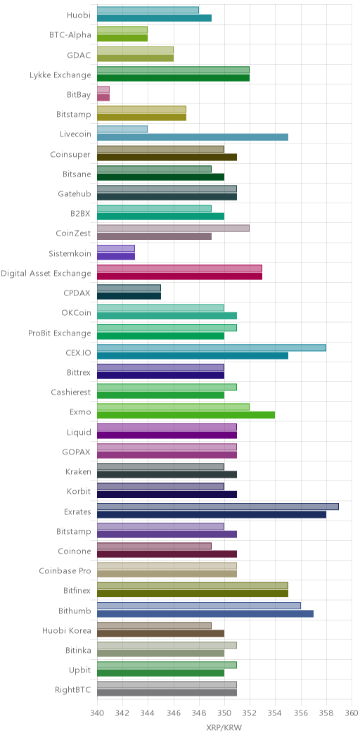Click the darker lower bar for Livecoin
193,137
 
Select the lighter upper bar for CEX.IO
212,347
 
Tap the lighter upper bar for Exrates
218,506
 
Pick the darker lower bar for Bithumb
205,613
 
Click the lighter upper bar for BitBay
103,89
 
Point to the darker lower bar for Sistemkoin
116,256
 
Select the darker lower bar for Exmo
186,415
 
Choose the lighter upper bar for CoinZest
173,229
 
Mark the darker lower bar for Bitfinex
193,594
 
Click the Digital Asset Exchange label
46,273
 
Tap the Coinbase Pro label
65,571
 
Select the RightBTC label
72,691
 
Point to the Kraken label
78,471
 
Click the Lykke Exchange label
60,75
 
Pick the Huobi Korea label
67,631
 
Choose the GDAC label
79,55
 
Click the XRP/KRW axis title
224,728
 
